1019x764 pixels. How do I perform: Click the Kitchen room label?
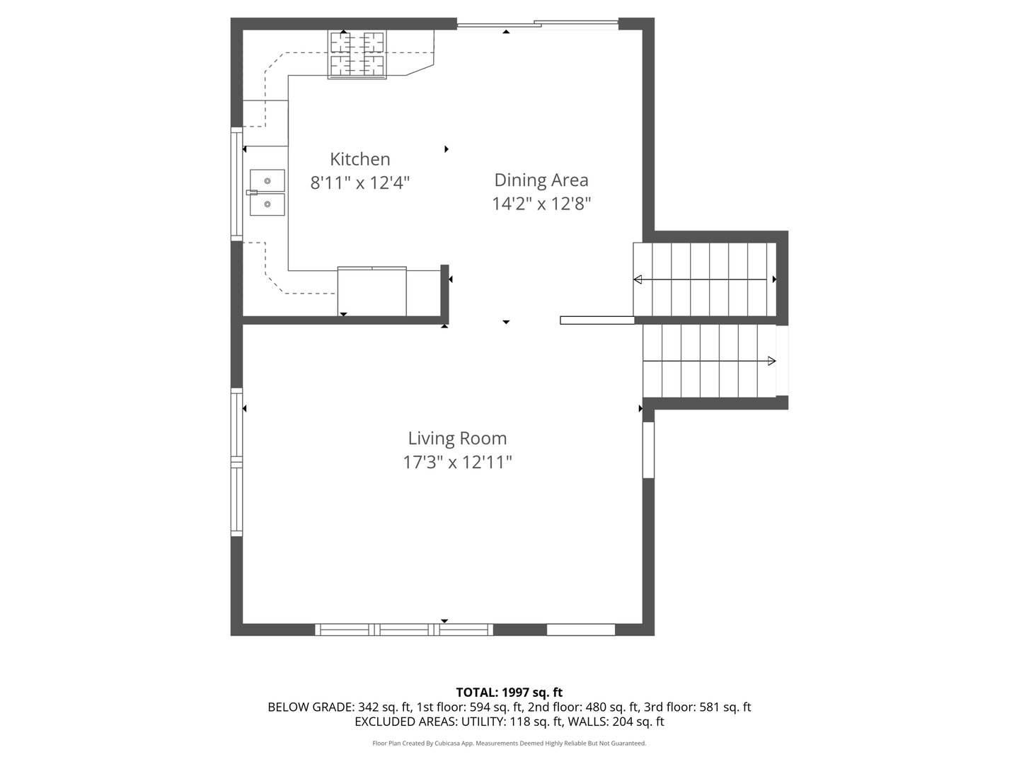pyautogui.click(x=359, y=159)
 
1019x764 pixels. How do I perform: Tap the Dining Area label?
pyautogui.click(x=541, y=180)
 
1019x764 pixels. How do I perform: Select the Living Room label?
pyautogui.click(x=457, y=439)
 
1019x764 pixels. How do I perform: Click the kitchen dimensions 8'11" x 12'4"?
pyautogui.click(x=359, y=183)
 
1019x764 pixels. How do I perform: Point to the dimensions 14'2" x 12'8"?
pyautogui.click(x=541, y=204)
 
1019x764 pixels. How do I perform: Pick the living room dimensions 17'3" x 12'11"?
pyautogui.click(x=457, y=462)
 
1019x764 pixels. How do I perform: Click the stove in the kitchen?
pyautogui.click(x=357, y=54)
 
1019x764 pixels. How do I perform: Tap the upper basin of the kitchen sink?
pyautogui.click(x=267, y=180)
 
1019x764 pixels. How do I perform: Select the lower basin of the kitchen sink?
pyautogui.click(x=267, y=204)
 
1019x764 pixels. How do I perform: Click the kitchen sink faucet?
pyautogui.click(x=252, y=192)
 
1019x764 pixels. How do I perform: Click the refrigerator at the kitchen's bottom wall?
pyautogui.click(x=372, y=291)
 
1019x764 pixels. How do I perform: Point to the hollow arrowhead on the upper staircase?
pyautogui.click(x=638, y=279)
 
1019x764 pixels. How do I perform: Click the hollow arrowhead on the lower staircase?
pyautogui.click(x=771, y=361)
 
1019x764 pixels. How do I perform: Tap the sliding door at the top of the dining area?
pyautogui.click(x=538, y=25)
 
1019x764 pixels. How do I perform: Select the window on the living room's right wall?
pyautogui.click(x=648, y=450)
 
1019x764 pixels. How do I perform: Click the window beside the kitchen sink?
pyautogui.click(x=237, y=184)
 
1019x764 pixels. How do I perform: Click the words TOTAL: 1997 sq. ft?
pyautogui.click(x=509, y=693)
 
